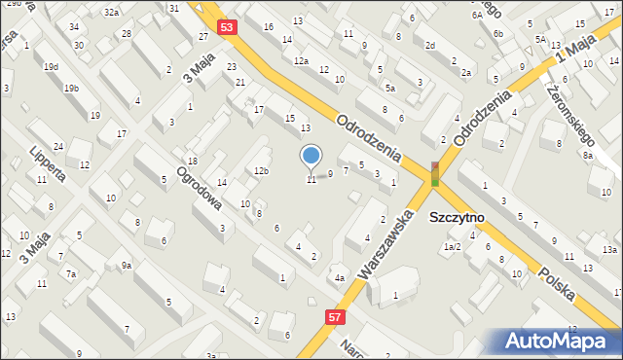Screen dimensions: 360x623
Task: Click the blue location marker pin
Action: pos(311,156)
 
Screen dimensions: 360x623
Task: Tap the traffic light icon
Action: pos(435,173)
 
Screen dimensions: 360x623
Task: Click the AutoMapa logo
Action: pos(561,341)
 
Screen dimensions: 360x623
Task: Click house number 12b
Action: pos(261,171)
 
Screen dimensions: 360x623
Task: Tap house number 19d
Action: pos(51,66)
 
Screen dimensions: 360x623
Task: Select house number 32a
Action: pos(112,12)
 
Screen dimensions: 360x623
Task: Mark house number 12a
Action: pos(302,60)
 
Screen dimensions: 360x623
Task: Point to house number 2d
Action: pos(429,46)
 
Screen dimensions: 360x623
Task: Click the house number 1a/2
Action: pos(452,247)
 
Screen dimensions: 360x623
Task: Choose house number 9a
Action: pos(127,265)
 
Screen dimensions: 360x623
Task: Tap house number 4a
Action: pos(340,278)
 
